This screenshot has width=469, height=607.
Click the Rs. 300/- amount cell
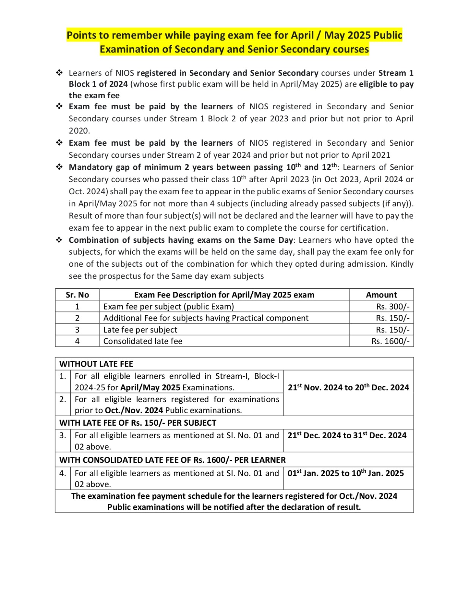(x=393, y=307)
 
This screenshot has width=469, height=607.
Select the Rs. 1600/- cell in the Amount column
(x=390, y=341)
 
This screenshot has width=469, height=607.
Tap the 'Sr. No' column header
(x=77, y=295)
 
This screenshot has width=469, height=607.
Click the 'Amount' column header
(x=381, y=295)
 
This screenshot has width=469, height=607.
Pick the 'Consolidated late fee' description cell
(x=143, y=341)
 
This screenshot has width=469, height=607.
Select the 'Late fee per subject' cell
(x=140, y=330)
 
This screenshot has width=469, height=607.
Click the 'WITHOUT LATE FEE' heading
(x=96, y=364)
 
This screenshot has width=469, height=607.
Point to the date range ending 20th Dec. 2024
(x=348, y=387)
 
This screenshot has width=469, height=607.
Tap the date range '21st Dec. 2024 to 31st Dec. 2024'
(x=346, y=435)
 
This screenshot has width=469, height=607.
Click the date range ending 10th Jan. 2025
(x=345, y=473)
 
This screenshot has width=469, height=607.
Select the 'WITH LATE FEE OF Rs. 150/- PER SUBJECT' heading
(x=138, y=423)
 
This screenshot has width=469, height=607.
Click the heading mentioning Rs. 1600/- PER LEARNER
(x=172, y=460)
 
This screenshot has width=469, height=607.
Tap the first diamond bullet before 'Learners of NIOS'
(x=60, y=72)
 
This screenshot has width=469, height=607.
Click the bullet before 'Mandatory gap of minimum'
(x=60, y=167)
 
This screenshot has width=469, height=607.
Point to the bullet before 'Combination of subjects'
(x=60, y=240)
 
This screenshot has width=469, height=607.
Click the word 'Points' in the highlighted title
(x=82, y=35)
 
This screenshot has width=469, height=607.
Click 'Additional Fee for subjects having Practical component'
(x=206, y=318)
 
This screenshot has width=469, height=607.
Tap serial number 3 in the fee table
(x=77, y=330)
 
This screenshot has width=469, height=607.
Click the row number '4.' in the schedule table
(x=63, y=473)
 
